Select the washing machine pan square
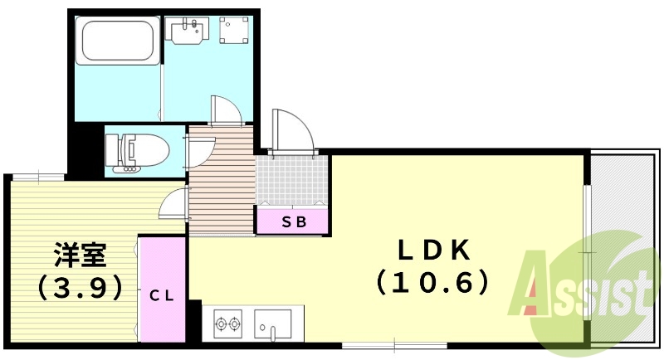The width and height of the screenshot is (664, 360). pyautogui.click(x=234, y=30)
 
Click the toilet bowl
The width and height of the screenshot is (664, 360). pyautogui.click(x=137, y=150)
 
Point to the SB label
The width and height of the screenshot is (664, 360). pyautogui.click(x=295, y=221)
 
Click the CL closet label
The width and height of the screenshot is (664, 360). pyautogui.click(x=161, y=295)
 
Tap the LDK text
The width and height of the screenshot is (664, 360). pyautogui.click(x=433, y=251)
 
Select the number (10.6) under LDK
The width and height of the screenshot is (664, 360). pyautogui.click(x=432, y=282)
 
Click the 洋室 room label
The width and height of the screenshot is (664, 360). pyautogui.click(x=80, y=255)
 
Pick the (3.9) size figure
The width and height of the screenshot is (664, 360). pyautogui.click(x=80, y=288)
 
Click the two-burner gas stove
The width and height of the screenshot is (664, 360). pyautogui.click(x=228, y=324)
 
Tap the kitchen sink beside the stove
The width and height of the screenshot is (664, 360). pyautogui.click(x=273, y=324)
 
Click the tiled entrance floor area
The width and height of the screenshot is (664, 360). pyautogui.click(x=292, y=180)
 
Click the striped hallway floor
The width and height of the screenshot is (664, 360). pyautogui.click(x=222, y=182)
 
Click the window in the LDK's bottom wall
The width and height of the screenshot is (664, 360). pyautogui.click(x=394, y=346)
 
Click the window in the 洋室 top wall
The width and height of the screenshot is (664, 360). pyautogui.click(x=38, y=177)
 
